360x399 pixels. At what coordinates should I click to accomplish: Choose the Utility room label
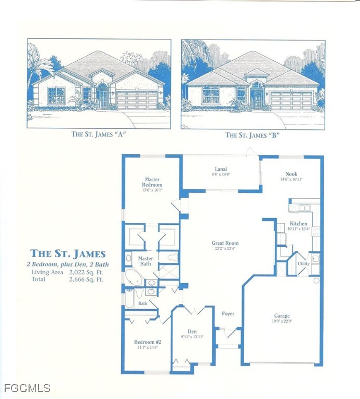303,263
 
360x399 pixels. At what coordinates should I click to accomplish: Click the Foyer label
228,314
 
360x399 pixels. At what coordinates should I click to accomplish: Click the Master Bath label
145,261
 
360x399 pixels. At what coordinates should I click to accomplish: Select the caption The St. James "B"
252,135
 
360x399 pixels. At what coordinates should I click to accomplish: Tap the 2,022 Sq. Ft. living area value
86,272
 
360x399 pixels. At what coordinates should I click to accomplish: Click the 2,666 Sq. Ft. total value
86,279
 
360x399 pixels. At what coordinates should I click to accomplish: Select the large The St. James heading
68,254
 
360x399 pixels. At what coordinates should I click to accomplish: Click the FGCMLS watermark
27,388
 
